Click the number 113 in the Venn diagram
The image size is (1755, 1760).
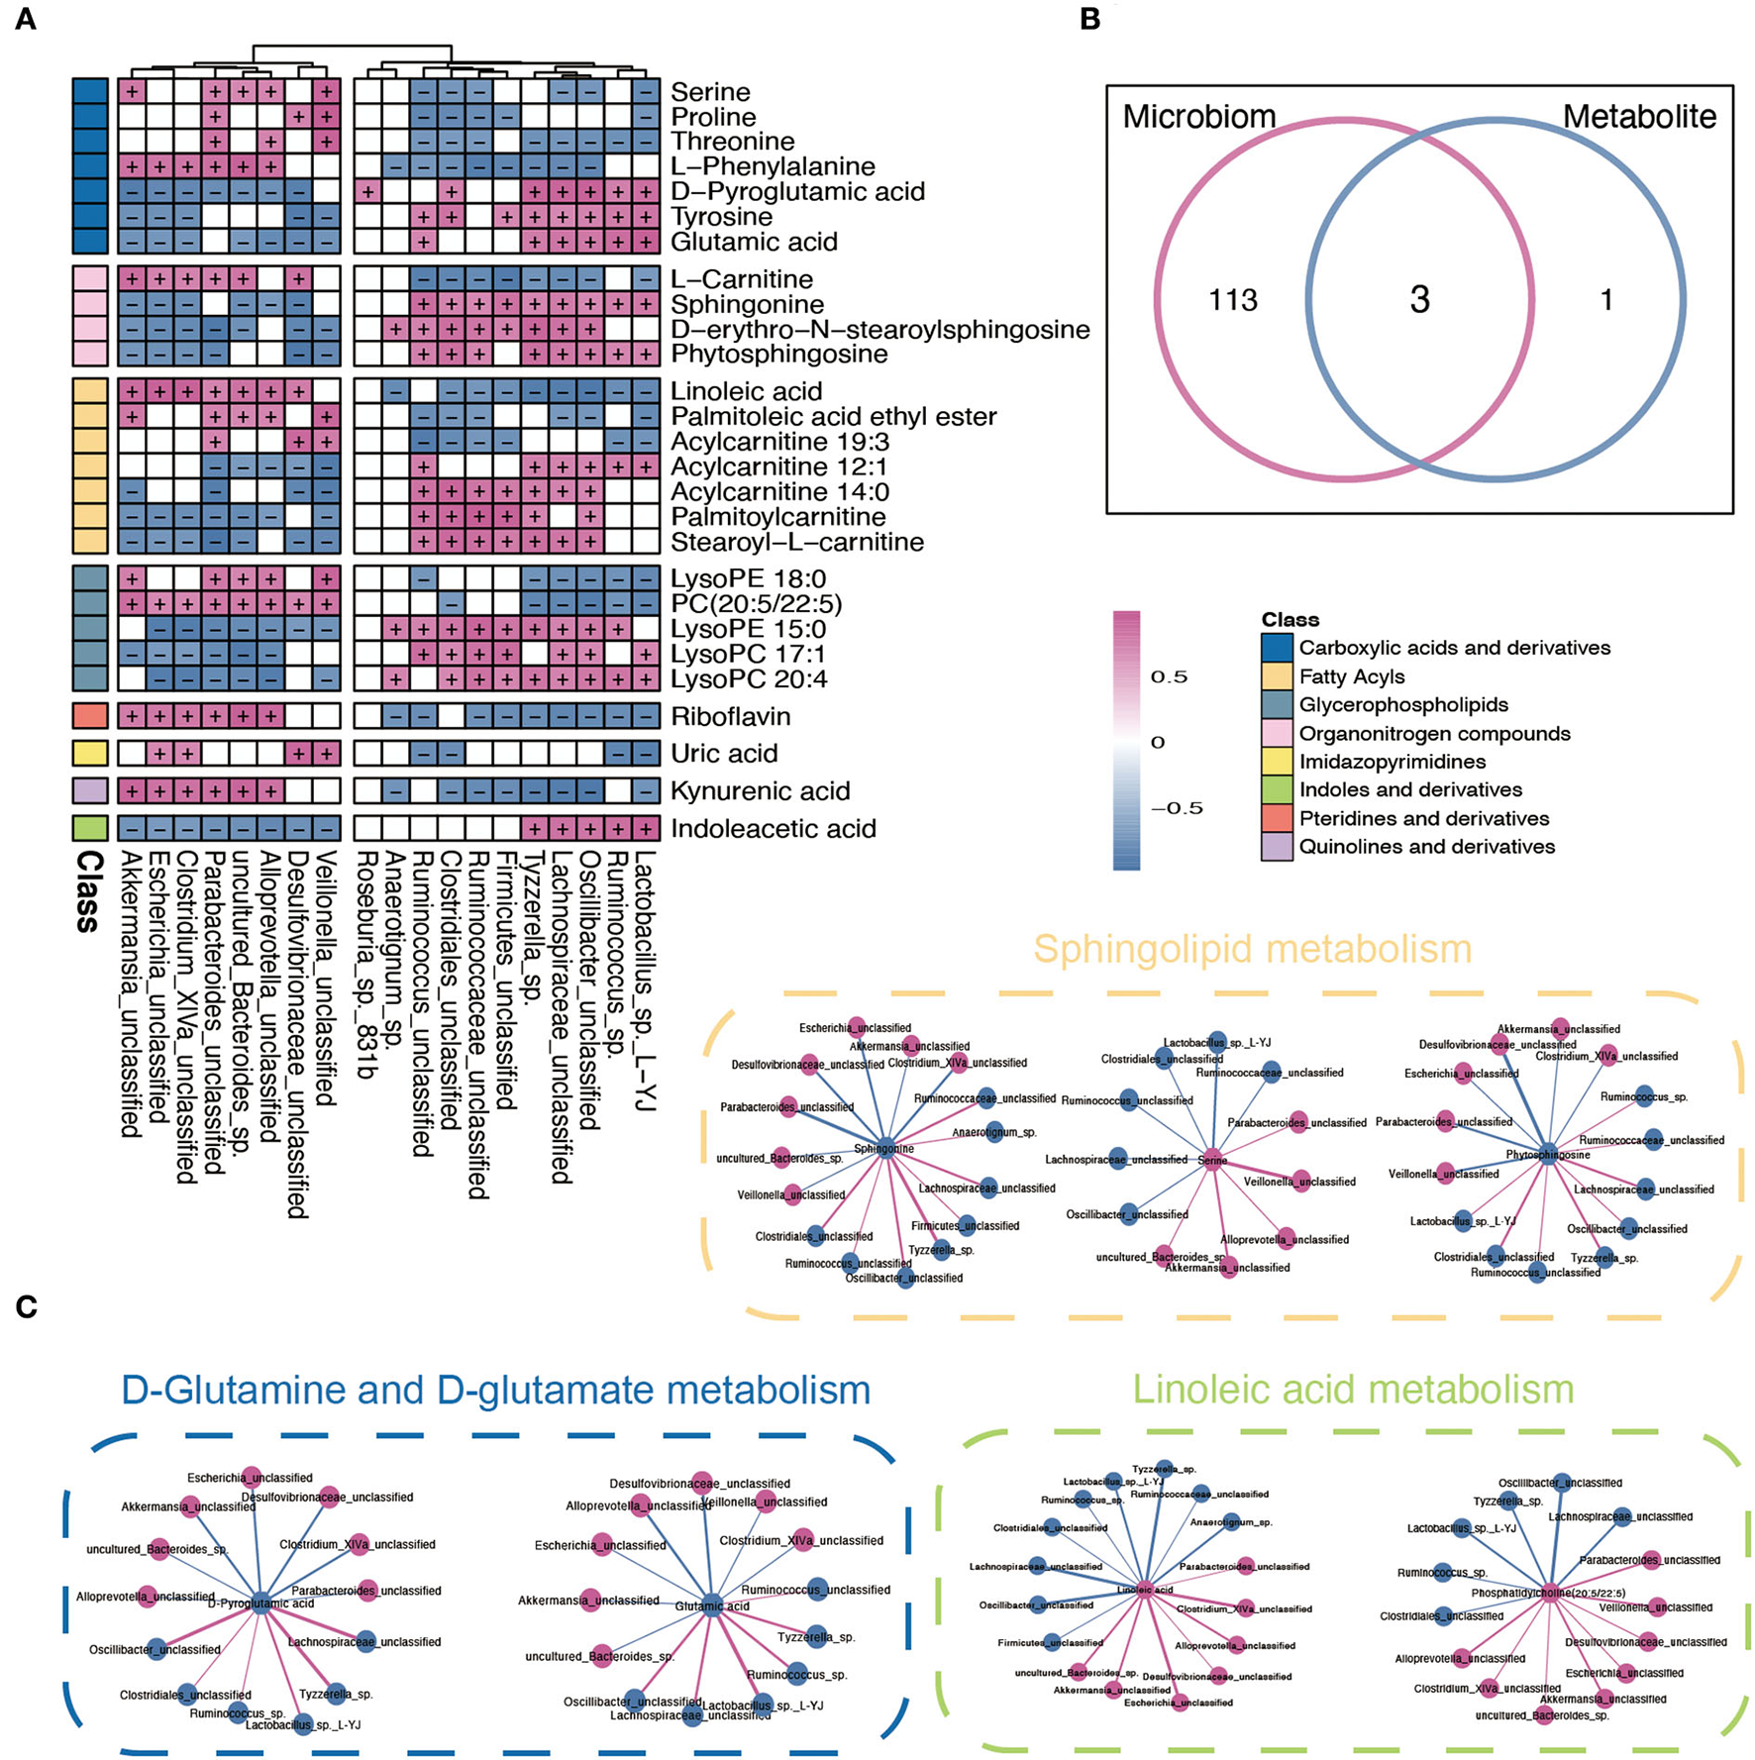1232,299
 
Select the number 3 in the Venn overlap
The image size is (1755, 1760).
1419,299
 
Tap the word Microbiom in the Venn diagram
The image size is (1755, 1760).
1198,117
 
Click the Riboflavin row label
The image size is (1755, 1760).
730,716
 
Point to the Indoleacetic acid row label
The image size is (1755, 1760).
773,828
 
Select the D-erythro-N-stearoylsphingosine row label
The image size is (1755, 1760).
879,329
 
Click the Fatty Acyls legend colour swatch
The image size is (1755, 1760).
1277,676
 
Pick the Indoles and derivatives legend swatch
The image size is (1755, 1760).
1277,790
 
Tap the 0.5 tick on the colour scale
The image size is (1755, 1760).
1169,677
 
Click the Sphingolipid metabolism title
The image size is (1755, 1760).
1252,949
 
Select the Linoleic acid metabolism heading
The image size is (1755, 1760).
1353,1390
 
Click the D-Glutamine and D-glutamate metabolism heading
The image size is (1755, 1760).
495,1391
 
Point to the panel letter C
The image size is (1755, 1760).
26,1307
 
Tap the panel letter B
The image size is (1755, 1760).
1089,19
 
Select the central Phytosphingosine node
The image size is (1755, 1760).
1548,1154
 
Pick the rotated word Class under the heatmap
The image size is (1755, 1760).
88,891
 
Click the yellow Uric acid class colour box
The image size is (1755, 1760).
89,753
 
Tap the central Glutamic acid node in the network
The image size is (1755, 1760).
711,1605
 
